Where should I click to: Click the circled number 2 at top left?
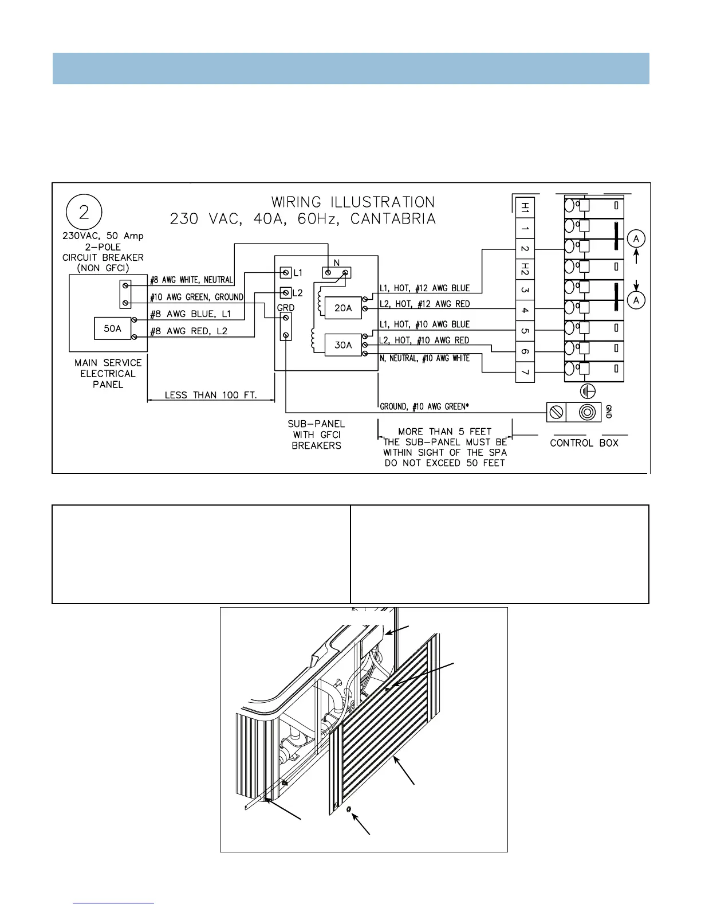[x=84, y=213]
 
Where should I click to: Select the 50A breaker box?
[x=113, y=328]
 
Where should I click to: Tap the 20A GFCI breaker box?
[x=343, y=308]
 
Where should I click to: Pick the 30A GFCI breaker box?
[x=343, y=345]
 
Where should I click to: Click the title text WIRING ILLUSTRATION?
[x=353, y=202]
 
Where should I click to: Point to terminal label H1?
[x=525, y=208]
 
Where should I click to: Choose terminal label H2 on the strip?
[x=525, y=268]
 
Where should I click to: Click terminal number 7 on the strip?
[x=525, y=373]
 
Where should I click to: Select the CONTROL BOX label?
[x=584, y=443]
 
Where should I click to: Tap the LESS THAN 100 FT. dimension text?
[x=210, y=395]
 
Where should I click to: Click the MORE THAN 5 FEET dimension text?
[x=445, y=432]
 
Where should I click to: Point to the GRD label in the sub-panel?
[x=286, y=308]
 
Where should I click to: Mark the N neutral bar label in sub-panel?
[x=337, y=263]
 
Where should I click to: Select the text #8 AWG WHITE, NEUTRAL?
[x=191, y=280]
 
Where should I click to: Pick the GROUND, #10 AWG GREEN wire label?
[x=424, y=406]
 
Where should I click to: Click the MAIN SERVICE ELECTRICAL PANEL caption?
[x=108, y=374]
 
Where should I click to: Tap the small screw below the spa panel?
[x=349, y=809]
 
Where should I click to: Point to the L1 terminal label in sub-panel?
[x=298, y=273]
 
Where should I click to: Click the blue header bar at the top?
[x=350, y=69]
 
